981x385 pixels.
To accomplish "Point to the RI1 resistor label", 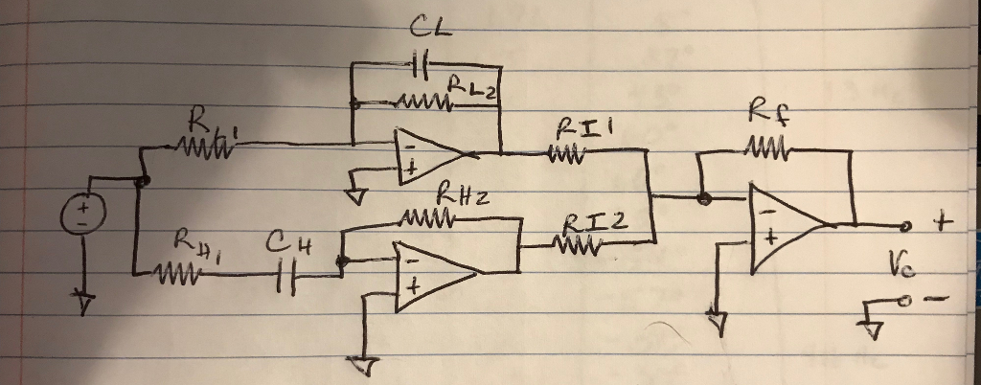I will pos(577,128).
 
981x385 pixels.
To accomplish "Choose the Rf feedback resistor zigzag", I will pos(764,150).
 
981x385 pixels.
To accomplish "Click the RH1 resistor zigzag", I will pos(180,275).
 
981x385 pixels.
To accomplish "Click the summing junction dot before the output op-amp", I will pos(705,199).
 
